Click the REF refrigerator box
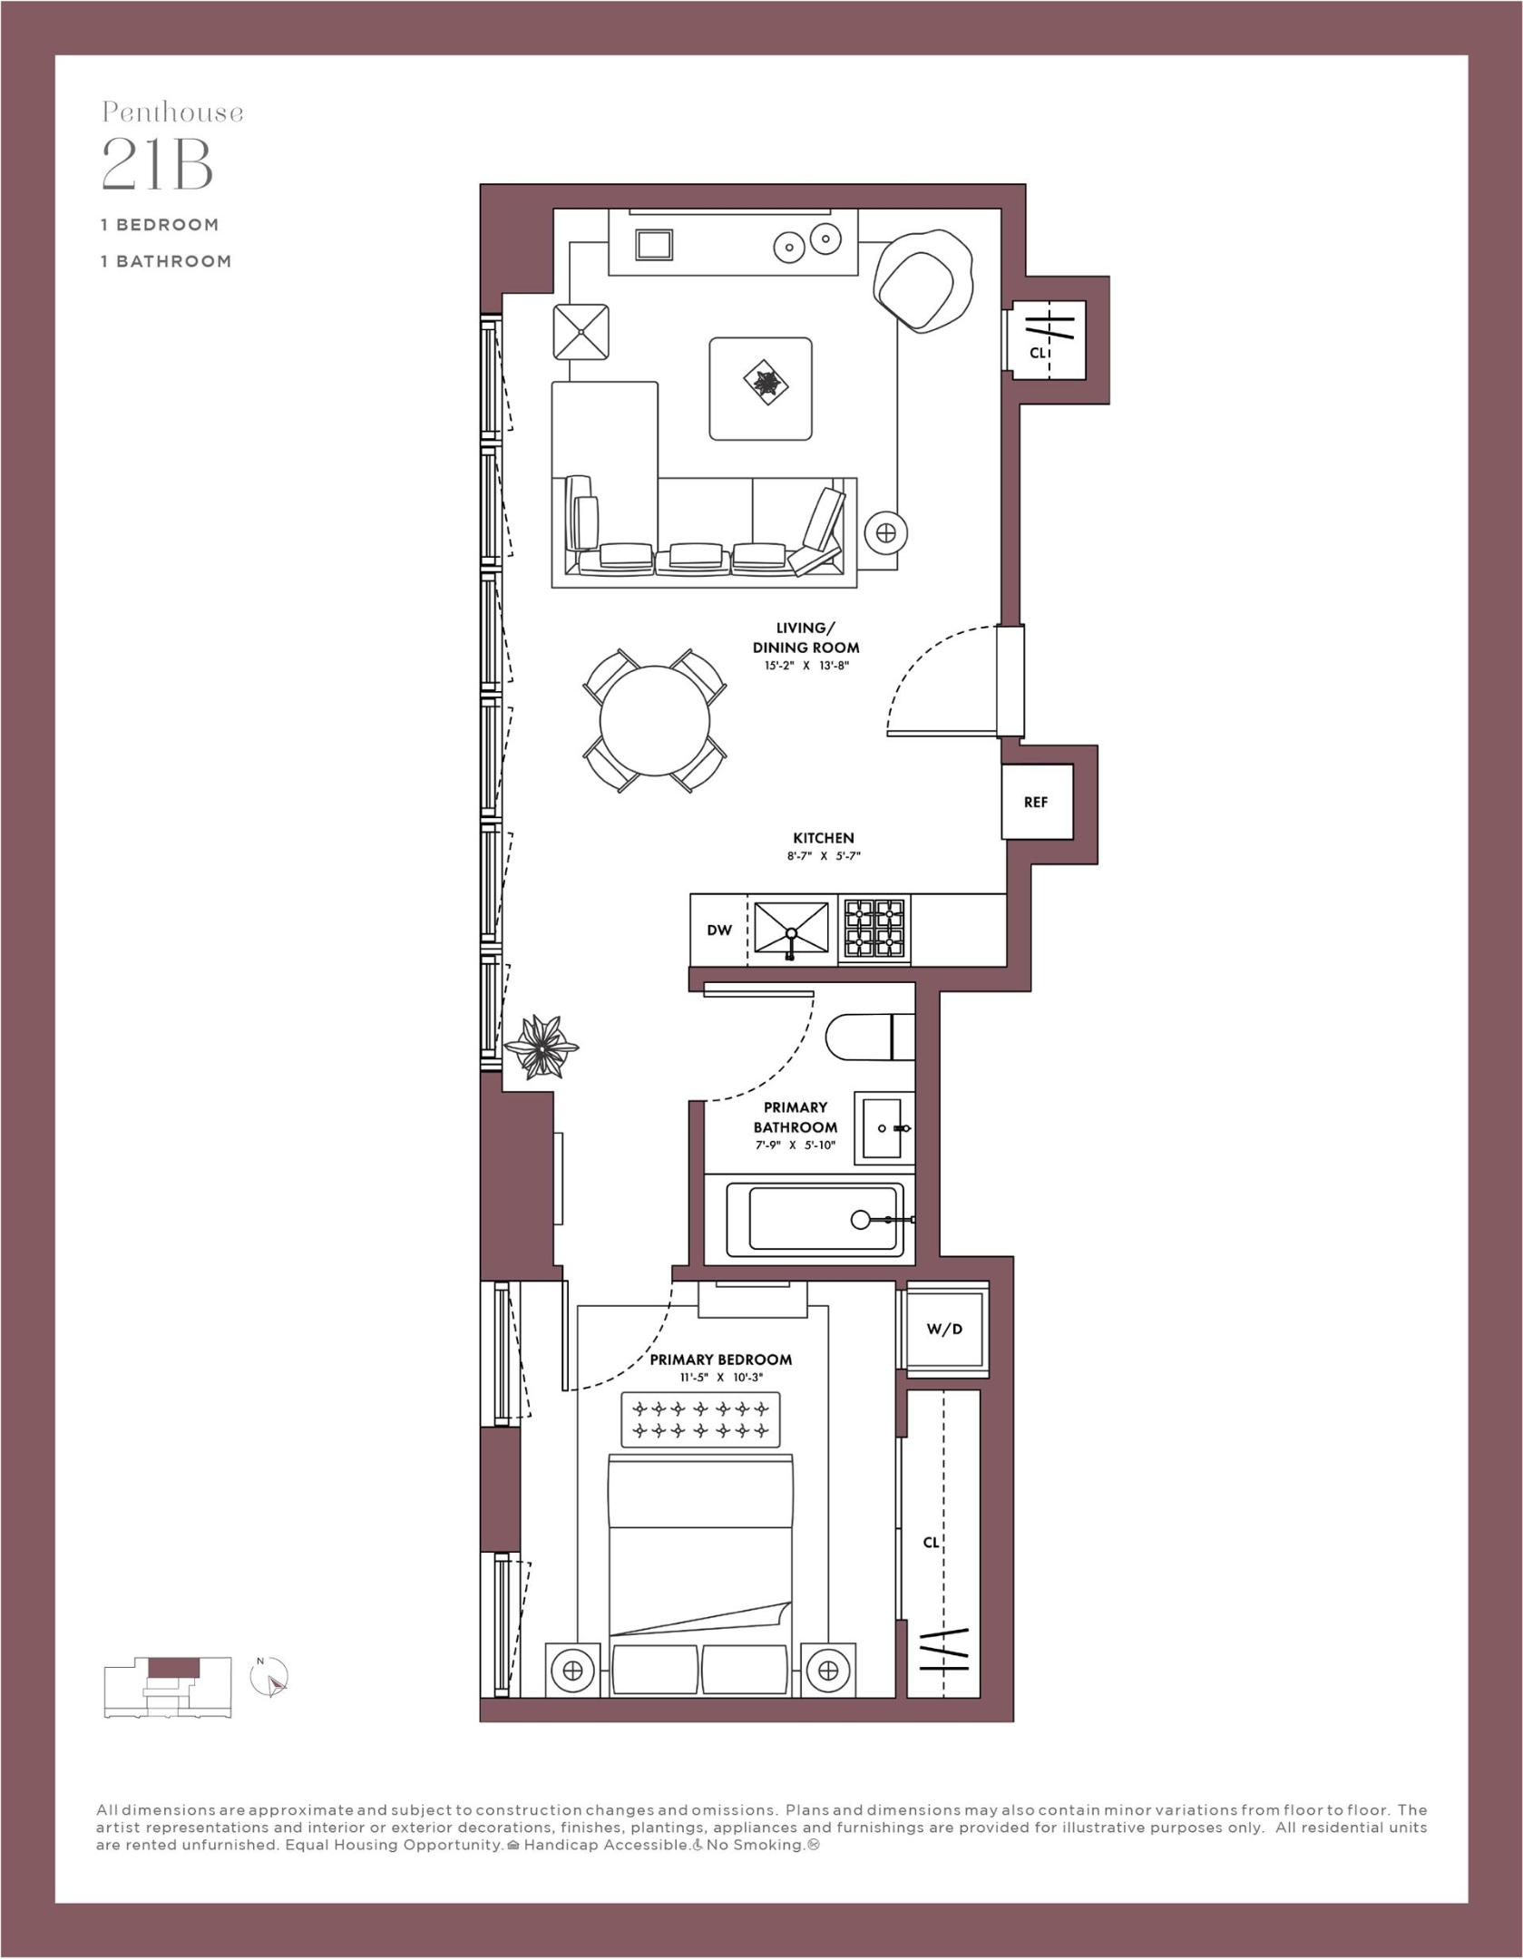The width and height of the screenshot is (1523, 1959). [1036, 802]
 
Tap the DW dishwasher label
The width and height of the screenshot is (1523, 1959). [718, 930]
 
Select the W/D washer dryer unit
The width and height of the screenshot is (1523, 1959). [943, 1329]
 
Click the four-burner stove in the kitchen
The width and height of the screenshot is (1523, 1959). [874, 930]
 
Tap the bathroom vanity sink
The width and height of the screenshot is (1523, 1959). [884, 1128]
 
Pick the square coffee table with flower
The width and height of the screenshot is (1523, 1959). [760, 388]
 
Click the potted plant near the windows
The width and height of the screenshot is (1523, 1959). [541, 1047]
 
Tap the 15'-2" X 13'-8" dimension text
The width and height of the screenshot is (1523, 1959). [805, 666]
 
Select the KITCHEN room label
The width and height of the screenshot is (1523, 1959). [823, 838]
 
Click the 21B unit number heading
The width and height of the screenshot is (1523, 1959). [157, 164]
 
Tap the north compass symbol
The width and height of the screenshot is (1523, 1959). [272, 1677]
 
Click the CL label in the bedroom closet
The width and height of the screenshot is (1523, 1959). [931, 1542]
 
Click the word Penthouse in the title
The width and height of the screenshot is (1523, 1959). [172, 112]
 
